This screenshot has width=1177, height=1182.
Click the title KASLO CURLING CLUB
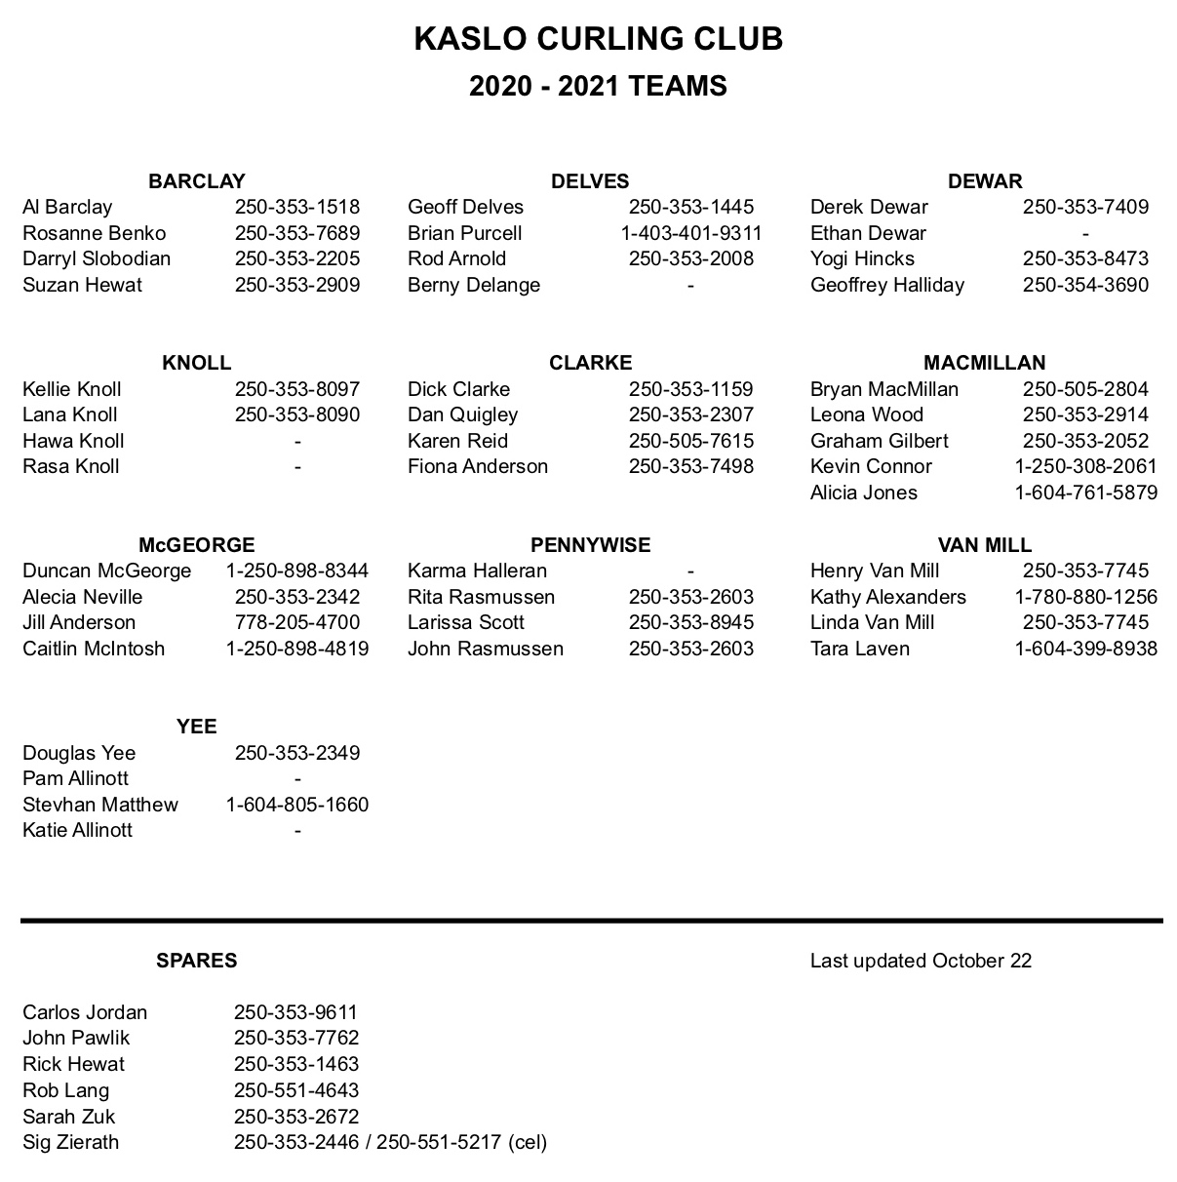click(598, 39)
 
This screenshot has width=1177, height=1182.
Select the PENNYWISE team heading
click(590, 545)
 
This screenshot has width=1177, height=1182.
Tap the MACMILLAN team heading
click(984, 363)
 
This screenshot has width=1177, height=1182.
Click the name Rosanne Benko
click(94, 233)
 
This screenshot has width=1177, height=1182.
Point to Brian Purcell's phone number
click(690, 233)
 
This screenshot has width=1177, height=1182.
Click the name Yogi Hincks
click(862, 258)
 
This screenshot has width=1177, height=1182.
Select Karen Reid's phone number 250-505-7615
click(690, 441)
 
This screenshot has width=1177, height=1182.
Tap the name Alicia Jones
click(863, 492)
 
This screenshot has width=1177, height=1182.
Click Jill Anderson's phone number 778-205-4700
click(296, 622)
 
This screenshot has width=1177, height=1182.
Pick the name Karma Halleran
click(477, 571)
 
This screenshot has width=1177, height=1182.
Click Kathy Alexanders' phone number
click(1085, 597)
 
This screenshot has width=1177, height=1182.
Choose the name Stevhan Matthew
click(99, 805)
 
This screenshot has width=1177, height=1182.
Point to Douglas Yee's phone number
click(296, 753)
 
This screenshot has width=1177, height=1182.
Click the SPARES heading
click(196, 961)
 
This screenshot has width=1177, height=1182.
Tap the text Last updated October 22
click(920, 961)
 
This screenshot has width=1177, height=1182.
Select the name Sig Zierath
click(70, 1142)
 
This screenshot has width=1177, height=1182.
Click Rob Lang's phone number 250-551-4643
click(295, 1090)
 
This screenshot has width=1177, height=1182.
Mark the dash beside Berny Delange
click(690, 285)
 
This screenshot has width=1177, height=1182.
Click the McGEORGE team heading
click(196, 545)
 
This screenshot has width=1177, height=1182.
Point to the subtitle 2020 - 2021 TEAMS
click(598, 87)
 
